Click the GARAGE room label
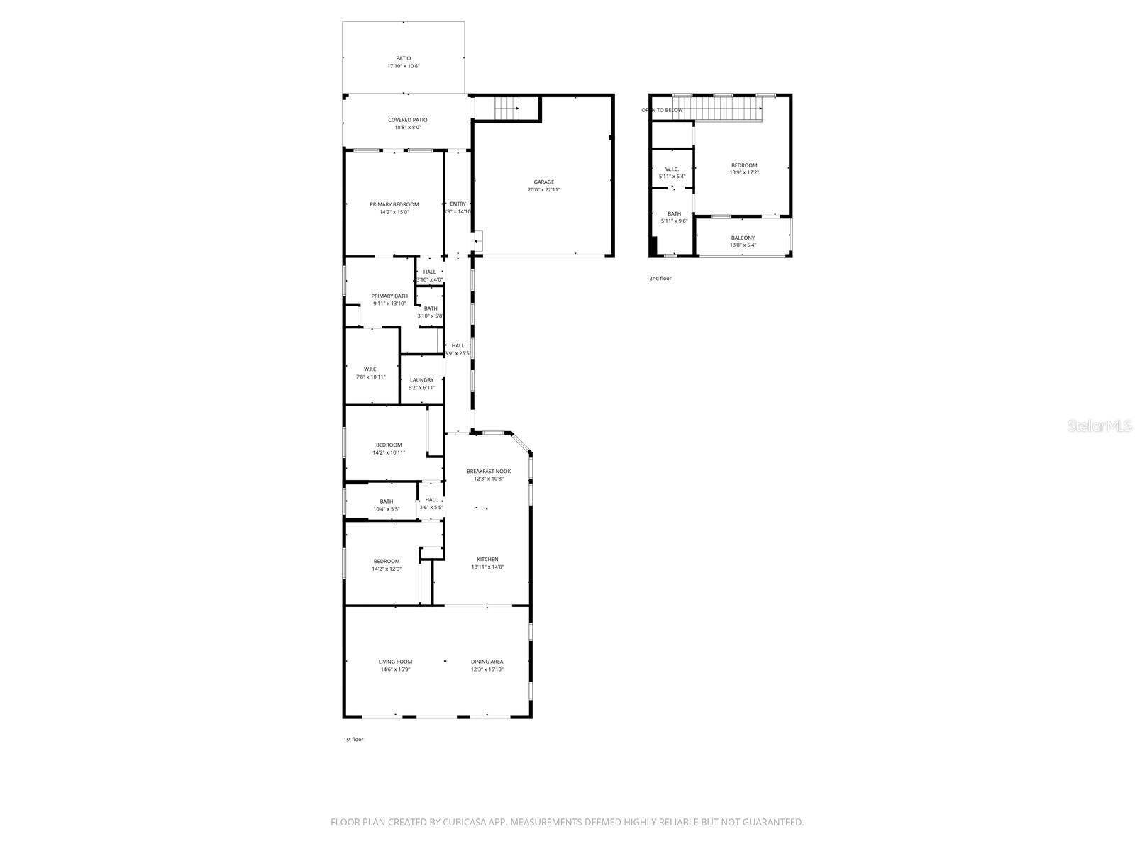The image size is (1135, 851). (x=544, y=182)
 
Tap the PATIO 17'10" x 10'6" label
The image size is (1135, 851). (x=403, y=62)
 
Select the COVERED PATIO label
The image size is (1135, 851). (x=408, y=120)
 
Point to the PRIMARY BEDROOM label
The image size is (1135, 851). (x=394, y=204)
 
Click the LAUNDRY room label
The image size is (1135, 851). (x=421, y=380)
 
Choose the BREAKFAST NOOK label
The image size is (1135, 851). (x=488, y=471)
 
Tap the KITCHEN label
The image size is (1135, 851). (x=487, y=559)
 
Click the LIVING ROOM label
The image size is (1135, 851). (x=395, y=662)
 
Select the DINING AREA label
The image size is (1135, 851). (x=487, y=662)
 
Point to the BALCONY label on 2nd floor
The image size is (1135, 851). (x=743, y=238)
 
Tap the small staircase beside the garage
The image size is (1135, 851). (x=506, y=108)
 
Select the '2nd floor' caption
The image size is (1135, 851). (x=660, y=279)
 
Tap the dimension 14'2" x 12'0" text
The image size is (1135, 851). (x=387, y=569)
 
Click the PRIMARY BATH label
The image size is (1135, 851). (x=389, y=296)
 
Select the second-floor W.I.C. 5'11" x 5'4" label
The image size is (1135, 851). (x=672, y=172)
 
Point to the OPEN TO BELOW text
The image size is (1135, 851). (x=662, y=110)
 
